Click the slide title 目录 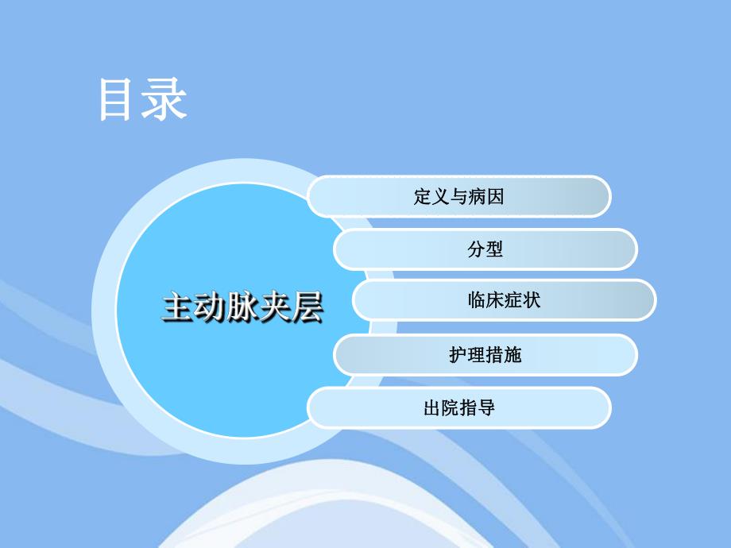point(143,100)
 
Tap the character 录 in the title point(165,100)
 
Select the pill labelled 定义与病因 point(459,196)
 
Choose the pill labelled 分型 point(485,249)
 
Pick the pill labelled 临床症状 point(505,300)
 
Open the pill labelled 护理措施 point(485,354)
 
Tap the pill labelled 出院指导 point(459,407)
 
